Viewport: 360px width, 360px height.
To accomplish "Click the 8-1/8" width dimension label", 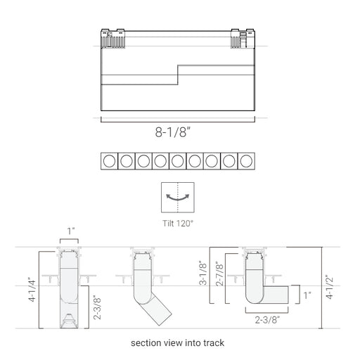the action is (173, 132).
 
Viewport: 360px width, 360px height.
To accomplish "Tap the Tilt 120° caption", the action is (178, 224).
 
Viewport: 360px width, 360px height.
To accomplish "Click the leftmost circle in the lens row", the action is (109, 161).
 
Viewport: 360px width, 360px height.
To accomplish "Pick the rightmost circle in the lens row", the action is (246, 161).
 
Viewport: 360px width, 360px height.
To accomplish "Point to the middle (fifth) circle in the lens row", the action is (178, 161).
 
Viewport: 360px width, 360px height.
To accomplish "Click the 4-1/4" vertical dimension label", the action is (32, 290).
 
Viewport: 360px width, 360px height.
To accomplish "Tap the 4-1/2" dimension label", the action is (330, 287).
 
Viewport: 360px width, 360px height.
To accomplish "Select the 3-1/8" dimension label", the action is (203, 273).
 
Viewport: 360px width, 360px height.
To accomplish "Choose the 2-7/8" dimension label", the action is (220, 274).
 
